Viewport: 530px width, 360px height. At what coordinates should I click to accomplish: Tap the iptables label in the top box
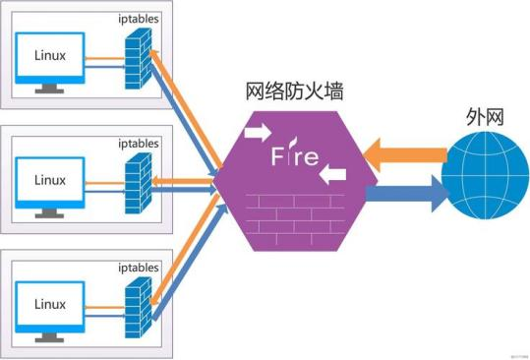click(137, 18)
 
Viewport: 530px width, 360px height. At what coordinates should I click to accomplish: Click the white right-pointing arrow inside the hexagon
click(259, 131)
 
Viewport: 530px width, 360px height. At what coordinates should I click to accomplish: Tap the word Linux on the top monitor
click(50, 55)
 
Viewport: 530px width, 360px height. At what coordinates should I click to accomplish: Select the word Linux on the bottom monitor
click(50, 302)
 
